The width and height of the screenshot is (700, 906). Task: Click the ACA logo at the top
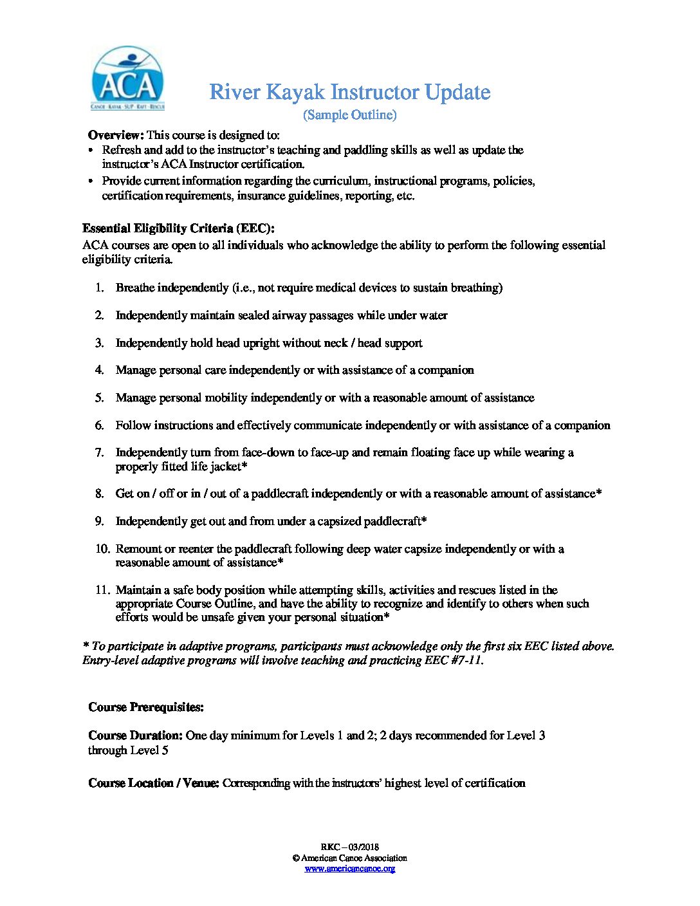tap(128, 79)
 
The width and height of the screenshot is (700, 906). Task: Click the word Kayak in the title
tap(295, 92)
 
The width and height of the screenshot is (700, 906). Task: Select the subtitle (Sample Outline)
tap(349, 115)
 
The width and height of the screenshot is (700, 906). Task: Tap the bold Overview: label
tap(116, 135)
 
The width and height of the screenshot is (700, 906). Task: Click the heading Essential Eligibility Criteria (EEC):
tap(178, 229)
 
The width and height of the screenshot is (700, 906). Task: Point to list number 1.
tap(100, 288)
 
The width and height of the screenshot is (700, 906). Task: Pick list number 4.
tap(100, 370)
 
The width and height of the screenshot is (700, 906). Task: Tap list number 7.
tap(100, 452)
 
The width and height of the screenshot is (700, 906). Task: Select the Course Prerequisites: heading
tap(146, 707)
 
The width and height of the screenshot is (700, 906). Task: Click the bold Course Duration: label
tap(136, 735)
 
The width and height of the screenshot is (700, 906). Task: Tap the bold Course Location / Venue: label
tap(154, 783)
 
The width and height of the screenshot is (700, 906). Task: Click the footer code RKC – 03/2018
tap(349, 847)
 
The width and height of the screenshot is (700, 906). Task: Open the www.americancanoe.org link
tap(349, 869)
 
